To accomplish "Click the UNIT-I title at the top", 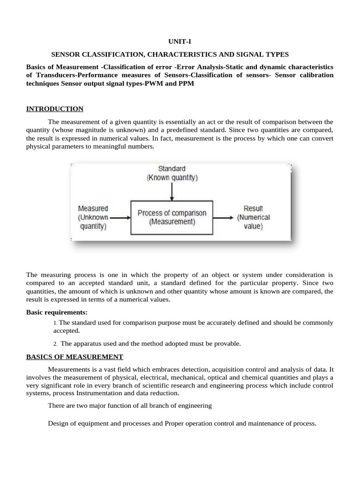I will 180,42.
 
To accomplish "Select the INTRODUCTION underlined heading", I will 55,109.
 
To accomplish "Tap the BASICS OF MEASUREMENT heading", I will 75,356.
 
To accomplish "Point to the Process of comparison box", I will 172,217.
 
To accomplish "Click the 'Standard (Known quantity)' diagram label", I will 172,173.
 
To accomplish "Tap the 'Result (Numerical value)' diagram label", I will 253,217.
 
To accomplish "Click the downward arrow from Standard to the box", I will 172,191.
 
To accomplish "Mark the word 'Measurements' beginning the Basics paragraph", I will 68,369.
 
